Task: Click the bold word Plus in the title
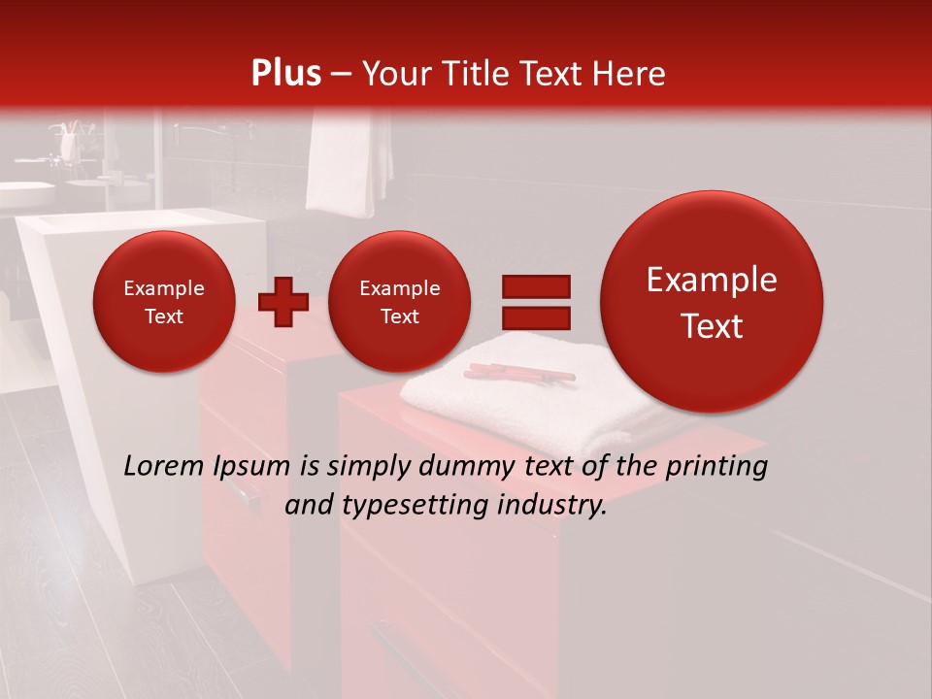[x=285, y=74]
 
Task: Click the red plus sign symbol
[x=283, y=301]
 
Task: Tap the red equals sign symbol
[x=535, y=302]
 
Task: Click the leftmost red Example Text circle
[x=163, y=302]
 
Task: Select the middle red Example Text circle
[x=399, y=302]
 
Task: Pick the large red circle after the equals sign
[x=712, y=302]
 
